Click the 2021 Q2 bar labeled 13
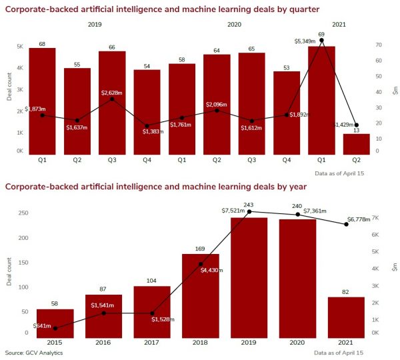tap(357, 144)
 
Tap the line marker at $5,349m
tap(321, 40)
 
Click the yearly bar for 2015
tap(55, 324)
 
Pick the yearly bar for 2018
tap(201, 297)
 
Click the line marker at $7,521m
tap(249, 211)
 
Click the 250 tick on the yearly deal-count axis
tap(24, 213)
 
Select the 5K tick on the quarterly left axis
tap(21, 47)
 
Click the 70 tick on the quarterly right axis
tap(377, 45)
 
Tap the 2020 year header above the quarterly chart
tap(235, 24)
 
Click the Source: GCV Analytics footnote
tap(33, 352)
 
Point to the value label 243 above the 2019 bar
tap(249, 205)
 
